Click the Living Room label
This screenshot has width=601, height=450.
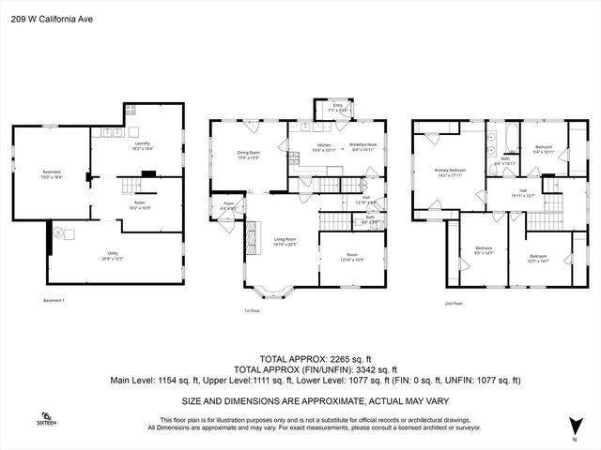(x=285, y=242)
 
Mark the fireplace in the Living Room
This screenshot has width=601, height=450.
(x=251, y=238)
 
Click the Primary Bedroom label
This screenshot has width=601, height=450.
(x=451, y=172)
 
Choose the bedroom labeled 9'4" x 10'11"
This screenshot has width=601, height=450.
(x=544, y=149)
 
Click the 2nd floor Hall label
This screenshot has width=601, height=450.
(x=498, y=193)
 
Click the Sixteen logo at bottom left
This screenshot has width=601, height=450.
(x=46, y=418)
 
